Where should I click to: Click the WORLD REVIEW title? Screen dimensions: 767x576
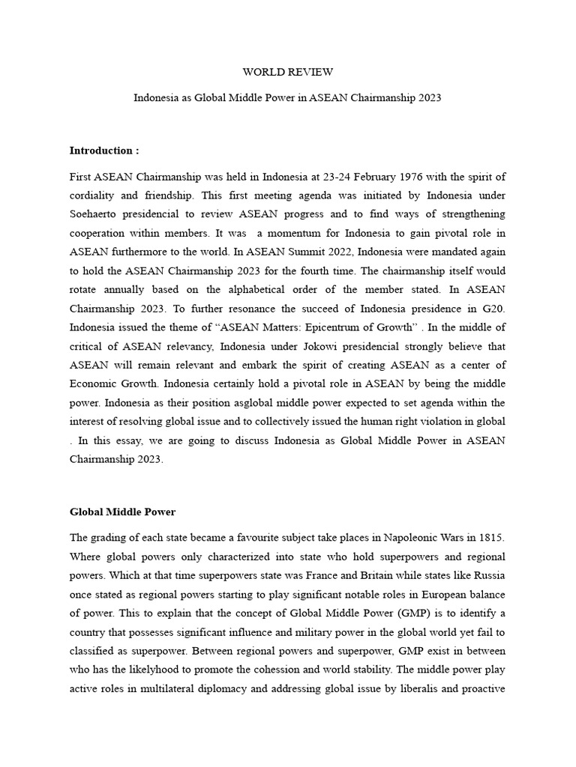(x=287, y=73)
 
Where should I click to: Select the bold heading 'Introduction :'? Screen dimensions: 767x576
(x=104, y=151)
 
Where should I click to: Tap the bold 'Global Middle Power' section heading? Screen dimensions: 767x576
(x=123, y=512)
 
